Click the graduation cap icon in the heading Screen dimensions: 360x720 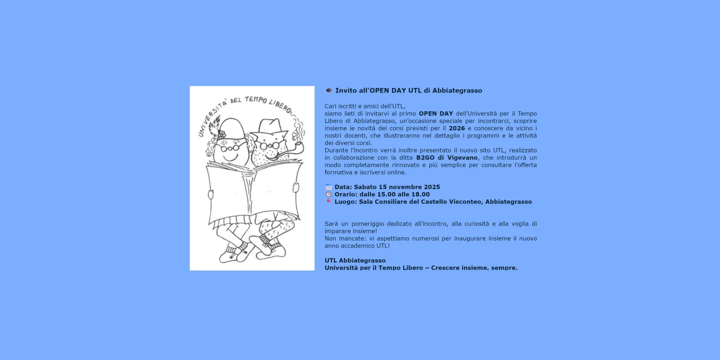[x=328, y=90]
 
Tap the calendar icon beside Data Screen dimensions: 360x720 [x=328, y=187]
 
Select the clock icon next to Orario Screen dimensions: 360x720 [x=328, y=194]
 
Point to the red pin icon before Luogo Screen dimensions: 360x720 [x=328, y=201]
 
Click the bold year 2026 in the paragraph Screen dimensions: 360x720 [x=456, y=128]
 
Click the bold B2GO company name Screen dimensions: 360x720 [x=425, y=158]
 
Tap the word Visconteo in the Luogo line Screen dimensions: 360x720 [x=466, y=202]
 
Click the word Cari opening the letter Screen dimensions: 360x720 [x=331, y=106]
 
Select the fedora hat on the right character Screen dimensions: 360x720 [x=270, y=128]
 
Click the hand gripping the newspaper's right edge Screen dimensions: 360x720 [x=296, y=187]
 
